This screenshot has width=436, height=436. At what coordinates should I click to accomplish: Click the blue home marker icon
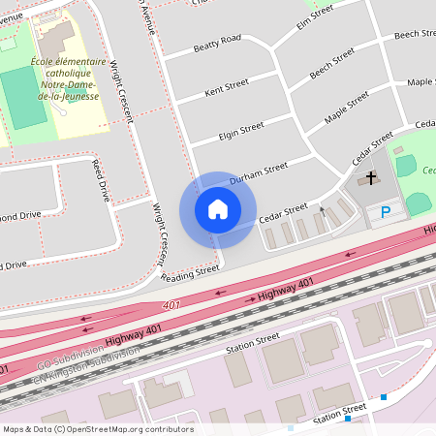click(x=217, y=209)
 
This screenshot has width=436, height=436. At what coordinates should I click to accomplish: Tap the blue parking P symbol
click(x=386, y=212)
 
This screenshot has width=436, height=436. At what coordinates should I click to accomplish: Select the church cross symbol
click(x=370, y=179)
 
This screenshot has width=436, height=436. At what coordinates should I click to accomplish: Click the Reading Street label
click(x=191, y=275)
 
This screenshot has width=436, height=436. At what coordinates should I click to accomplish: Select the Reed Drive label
click(x=101, y=179)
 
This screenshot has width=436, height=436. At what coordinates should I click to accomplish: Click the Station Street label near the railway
click(x=252, y=342)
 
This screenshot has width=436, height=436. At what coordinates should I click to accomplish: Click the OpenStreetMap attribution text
click(x=98, y=429)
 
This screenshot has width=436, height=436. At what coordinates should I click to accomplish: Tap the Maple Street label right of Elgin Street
click(x=347, y=109)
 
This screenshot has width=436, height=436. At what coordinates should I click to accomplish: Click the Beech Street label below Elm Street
click(x=332, y=66)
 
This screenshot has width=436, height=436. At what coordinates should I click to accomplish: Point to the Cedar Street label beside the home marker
click(x=284, y=212)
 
